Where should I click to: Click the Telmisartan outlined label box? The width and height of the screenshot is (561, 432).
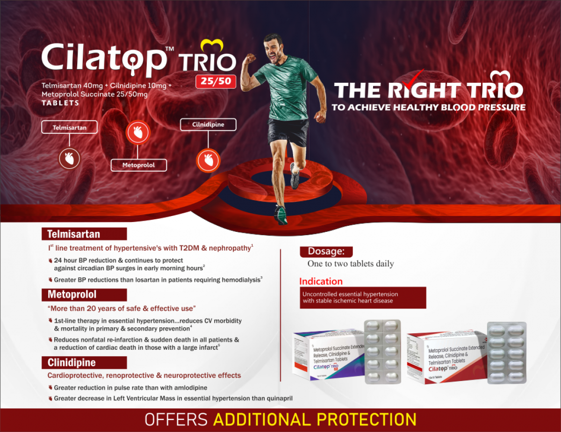[69, 127]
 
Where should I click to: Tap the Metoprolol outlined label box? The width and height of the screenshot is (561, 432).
[138, 165]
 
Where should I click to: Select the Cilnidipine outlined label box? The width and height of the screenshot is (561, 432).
[208, 124]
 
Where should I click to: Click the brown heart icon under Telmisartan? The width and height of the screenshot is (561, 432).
[70, 158]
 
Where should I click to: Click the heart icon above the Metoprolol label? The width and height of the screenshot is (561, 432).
[138, 133]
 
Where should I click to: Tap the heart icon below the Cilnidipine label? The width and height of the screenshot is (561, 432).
[208, 160]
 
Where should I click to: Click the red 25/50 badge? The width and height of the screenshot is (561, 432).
[216, 81]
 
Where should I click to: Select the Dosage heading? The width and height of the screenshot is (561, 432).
[326, 252]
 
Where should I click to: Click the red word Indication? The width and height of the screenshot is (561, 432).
[321, 281]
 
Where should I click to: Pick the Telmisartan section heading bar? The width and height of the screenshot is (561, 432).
[84, 234]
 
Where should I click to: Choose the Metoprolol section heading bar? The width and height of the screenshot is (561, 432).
[84, 295]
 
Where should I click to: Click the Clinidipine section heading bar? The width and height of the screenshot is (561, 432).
[84, 363]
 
